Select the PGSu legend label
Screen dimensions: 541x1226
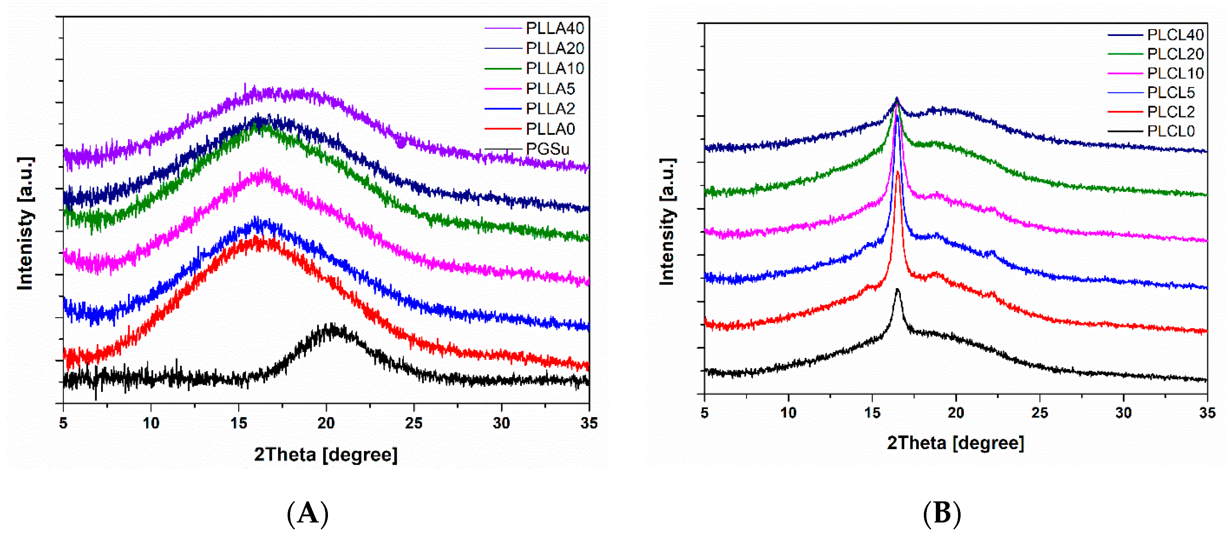[x=547, y=149]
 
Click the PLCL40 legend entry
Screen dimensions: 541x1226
[x=1175, y=35]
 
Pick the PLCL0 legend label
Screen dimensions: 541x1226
[x=1170, y=131]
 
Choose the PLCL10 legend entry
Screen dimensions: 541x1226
[x=1175, y=73]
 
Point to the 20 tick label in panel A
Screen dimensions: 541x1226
[x=326, y=423]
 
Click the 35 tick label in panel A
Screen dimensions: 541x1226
[x=589, y=423]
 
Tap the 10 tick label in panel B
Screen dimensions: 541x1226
[x=788, y=412]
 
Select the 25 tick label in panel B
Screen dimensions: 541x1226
[x=1039, y=412]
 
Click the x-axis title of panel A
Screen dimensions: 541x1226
[x=325, y=455]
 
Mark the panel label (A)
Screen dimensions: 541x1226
[x=308, y=513]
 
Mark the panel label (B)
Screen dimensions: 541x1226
[x=942, y=513]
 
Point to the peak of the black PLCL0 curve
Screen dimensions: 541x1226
[x=898, y=290]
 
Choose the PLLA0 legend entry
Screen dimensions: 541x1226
[x=550, y=129]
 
